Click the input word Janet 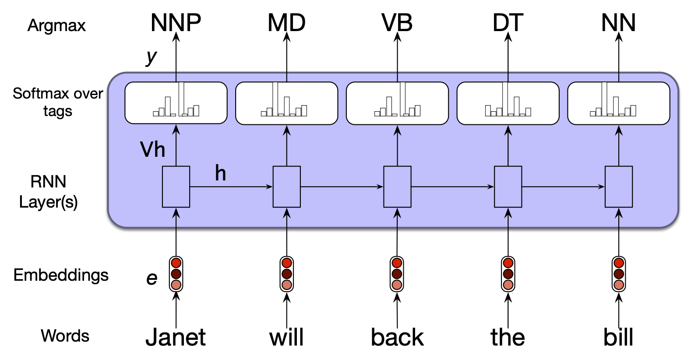176,337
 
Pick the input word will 286,337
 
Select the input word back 397,337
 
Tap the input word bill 618,337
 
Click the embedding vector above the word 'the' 508,274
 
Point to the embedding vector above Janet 176,274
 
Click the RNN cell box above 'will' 287,187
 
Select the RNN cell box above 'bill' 619,187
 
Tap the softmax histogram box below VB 397,103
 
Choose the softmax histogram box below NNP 176,103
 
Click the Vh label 152,150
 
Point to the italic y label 151,57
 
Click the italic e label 152,279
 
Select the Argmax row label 56,26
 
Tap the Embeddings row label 61,275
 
